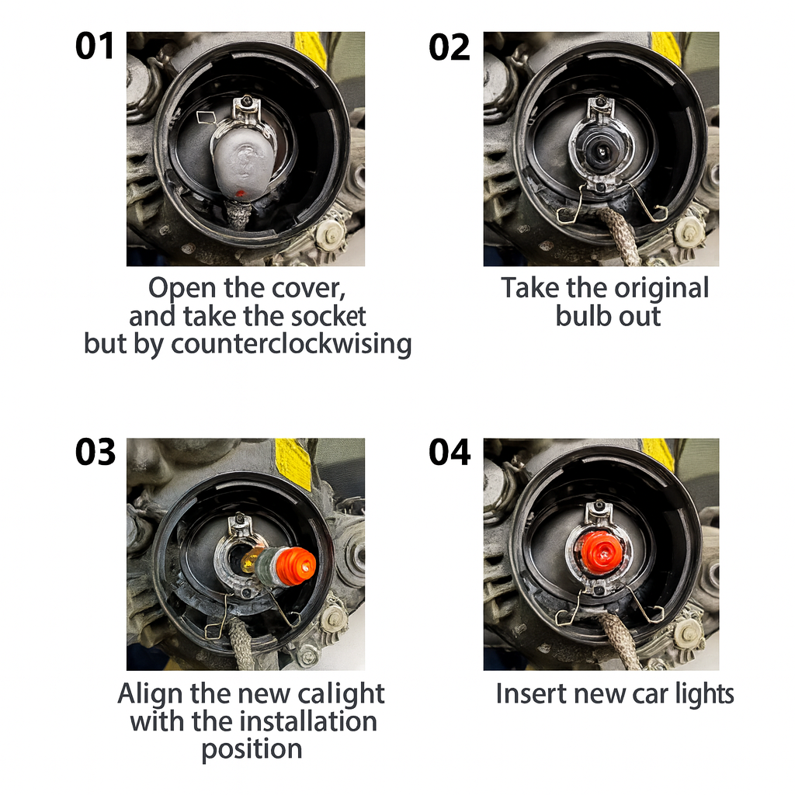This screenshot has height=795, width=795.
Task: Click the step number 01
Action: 94,46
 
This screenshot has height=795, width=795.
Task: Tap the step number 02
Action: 450,47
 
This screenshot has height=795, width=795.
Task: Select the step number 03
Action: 95,452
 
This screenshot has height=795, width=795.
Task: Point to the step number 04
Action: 450,452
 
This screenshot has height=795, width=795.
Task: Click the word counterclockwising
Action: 291,344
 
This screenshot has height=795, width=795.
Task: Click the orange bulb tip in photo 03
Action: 297,565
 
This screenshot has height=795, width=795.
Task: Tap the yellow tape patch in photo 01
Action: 311,48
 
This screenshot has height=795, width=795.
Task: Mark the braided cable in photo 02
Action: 618,235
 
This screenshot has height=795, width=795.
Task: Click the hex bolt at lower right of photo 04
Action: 689,634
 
